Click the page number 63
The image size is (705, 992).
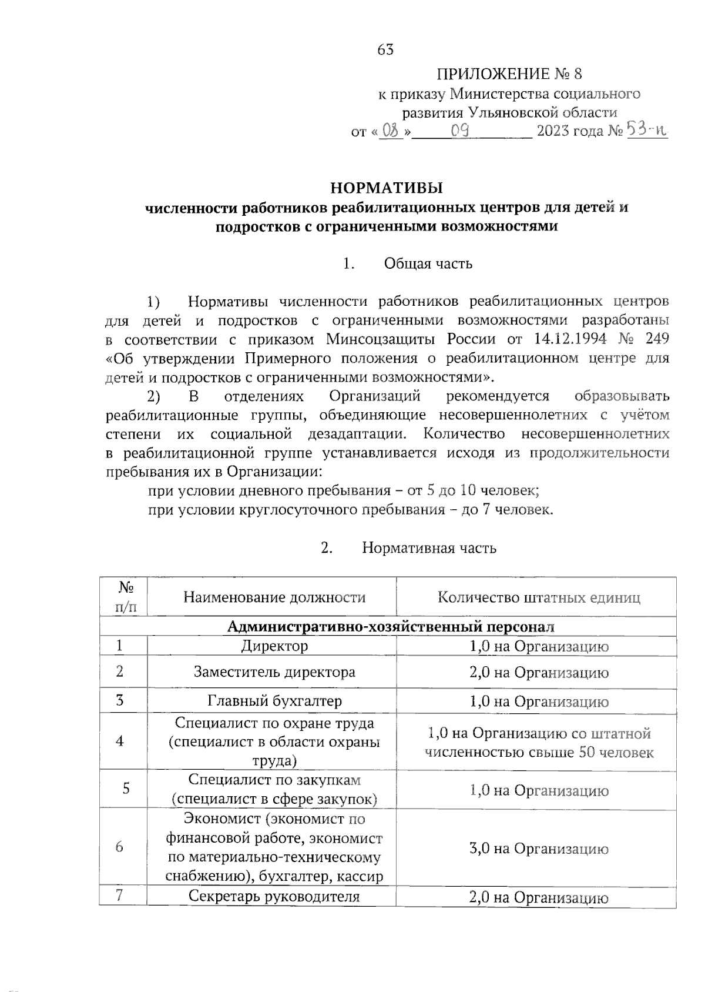click(x=385, y=50)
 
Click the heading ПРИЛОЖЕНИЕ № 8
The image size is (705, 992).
click(x=509, y=74)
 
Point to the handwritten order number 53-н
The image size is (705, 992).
click(x=647, y=129)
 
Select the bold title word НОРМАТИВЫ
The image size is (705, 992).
click(x=386, y=188)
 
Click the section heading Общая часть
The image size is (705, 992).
click(x=428, y=263)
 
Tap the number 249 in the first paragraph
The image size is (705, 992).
click(x=656, y=339)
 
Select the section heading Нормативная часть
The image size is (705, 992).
click(x=429, y=548)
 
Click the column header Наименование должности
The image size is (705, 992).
click(x=274, y=598)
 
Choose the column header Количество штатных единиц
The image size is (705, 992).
click(x=539, y=598)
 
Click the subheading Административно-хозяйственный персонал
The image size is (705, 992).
click(x=391, y=627)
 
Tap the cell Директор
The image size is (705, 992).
click(x=274, y=646)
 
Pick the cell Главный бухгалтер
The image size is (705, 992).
click(x=274, y=701)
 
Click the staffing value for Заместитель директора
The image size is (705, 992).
click(x=539, y=673)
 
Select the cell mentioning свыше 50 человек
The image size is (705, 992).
click(x=539, y=743)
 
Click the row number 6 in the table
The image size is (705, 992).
click(x=120, y=847)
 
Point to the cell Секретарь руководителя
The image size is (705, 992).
click(x=274, y=897)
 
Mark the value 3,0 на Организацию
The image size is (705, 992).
click(x=539, y=849)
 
